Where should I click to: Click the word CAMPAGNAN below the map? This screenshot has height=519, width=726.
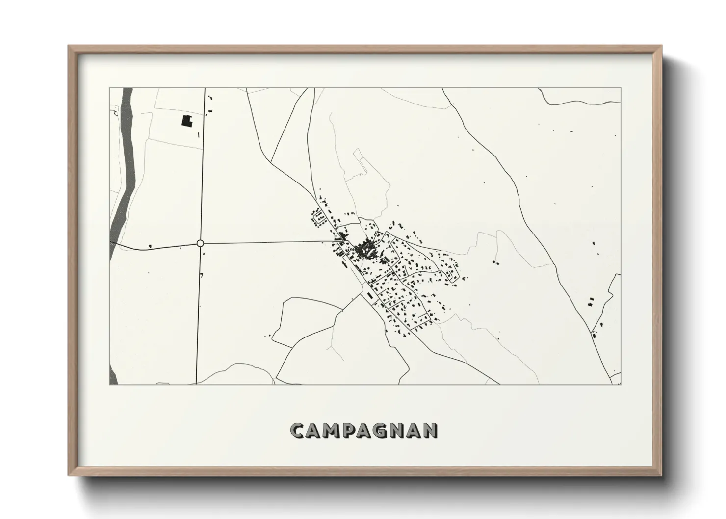[363, 430]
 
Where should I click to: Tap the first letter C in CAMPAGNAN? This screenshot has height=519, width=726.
[297, 430]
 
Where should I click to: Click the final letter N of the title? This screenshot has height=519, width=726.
[430, 430]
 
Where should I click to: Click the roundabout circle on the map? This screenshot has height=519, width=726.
[200, 243]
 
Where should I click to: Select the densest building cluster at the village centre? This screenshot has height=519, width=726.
[365, 250]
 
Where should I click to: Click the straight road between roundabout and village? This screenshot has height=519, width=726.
[265, 242]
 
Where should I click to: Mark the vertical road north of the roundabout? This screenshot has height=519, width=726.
[203, 162]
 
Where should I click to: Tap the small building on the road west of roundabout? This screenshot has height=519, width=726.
[150, 246]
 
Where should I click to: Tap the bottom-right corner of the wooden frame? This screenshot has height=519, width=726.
[662, 476]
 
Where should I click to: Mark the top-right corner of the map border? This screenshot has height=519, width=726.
[621, 88]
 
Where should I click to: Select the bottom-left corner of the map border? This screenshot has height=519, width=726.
[109, 385]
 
